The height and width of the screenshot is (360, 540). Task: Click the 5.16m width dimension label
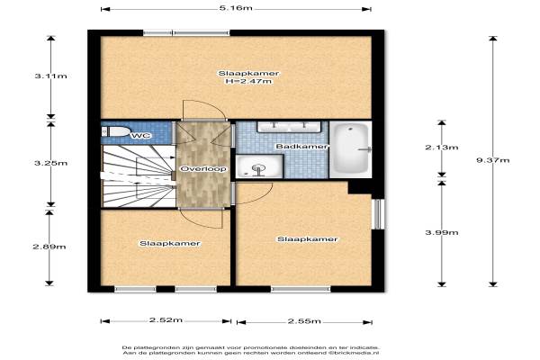coord(236,7)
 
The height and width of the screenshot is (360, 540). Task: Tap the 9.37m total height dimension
coord(493,160)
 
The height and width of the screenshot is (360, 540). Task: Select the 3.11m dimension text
coord(51,76)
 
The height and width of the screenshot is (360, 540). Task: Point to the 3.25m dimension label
coord(51,163)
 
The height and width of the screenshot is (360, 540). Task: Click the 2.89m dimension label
coord(49,247)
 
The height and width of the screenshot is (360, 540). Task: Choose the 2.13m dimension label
coord(442,148)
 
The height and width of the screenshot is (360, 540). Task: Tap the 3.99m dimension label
coord(442,232)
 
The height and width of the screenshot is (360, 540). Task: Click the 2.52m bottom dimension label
coord(166,320)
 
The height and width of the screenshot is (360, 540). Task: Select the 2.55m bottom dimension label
coord(304,321)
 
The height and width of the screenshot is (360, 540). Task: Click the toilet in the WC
coord(115,131)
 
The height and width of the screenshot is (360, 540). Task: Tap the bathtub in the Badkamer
coord(351,148)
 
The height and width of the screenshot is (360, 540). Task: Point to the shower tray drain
coord(258,169)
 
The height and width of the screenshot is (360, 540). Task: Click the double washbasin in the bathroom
coord(289,127)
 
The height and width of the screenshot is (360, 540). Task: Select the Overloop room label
coord(203,169)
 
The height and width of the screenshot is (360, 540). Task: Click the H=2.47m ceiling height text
coord(248,81)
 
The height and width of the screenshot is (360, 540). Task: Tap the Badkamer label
coord(301,147)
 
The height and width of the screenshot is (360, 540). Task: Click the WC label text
coord(141,136)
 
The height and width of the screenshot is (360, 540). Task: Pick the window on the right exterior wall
coord(379,214)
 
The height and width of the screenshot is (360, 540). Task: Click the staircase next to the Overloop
coord(139,176)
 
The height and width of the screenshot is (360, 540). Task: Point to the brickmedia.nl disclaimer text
coord(251,350)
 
